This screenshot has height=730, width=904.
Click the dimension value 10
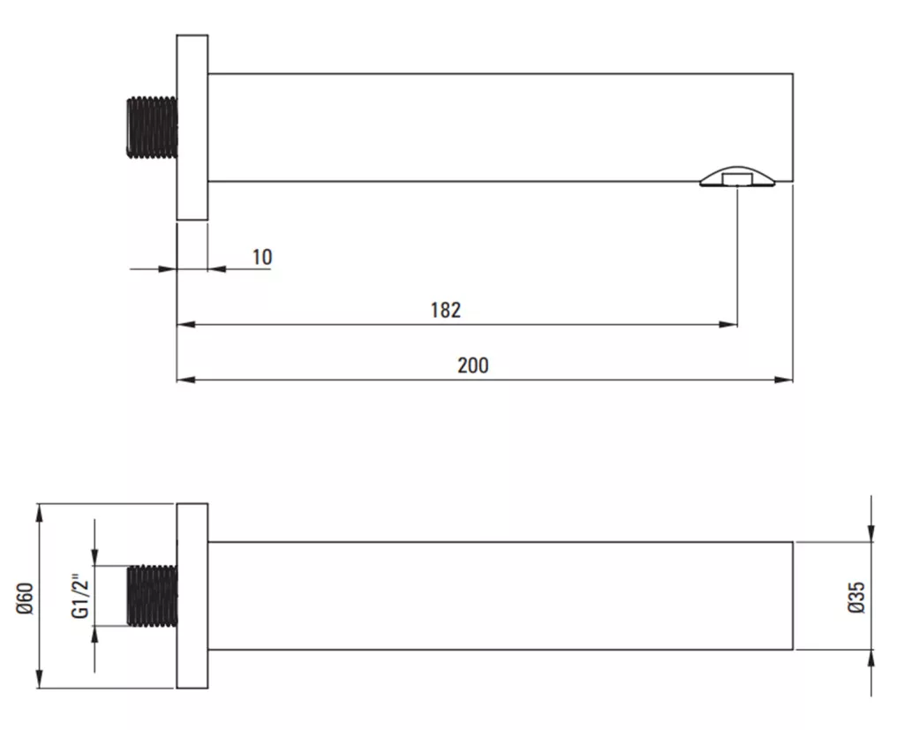point(262,257)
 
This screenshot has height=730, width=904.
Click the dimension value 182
point(446,310)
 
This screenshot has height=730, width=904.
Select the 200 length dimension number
point(473,365)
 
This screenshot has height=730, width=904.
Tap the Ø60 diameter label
point(26,598)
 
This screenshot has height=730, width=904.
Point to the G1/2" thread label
point(80,596)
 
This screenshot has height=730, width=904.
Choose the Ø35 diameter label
point(856,597)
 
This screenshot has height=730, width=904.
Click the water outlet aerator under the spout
point(738,177)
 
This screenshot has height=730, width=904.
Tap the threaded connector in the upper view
point(152,127)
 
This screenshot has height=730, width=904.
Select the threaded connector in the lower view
point(152,596)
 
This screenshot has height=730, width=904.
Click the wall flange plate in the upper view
point(192,127)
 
